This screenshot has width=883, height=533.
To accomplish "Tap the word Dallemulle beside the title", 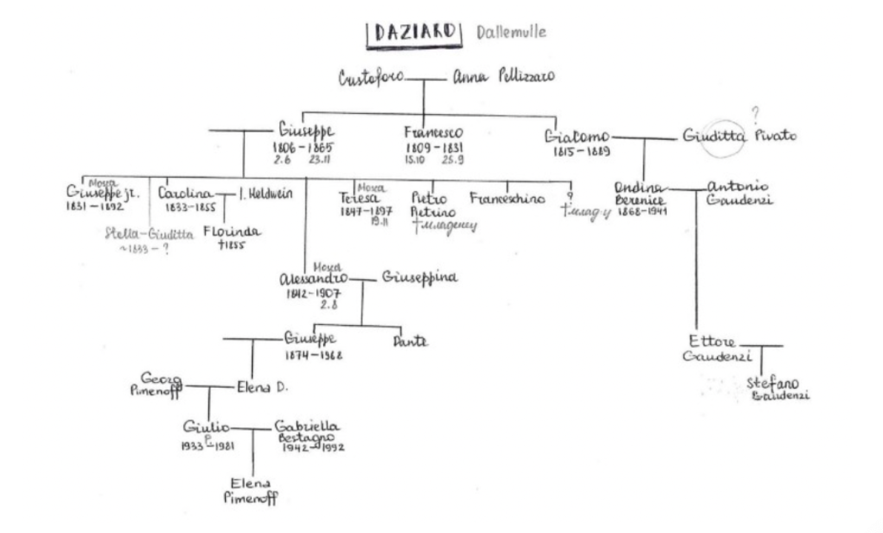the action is click(512, 33).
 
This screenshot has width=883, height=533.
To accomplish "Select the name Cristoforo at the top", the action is click(371, 78).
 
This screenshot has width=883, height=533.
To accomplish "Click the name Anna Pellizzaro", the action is click(504, 77).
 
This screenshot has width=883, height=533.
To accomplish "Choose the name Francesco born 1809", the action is click(433, 133).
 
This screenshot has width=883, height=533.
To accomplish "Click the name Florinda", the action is click(232, 232).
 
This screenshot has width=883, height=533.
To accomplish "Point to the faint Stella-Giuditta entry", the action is click(150, 235).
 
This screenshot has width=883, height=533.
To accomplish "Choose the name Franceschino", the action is click(507, 198).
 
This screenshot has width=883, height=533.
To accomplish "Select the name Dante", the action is click(410, 342).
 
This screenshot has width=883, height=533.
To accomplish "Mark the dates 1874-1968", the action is click(314, 355).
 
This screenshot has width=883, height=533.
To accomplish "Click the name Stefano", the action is click(773, 383).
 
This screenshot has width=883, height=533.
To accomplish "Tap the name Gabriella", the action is click(307, 426).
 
